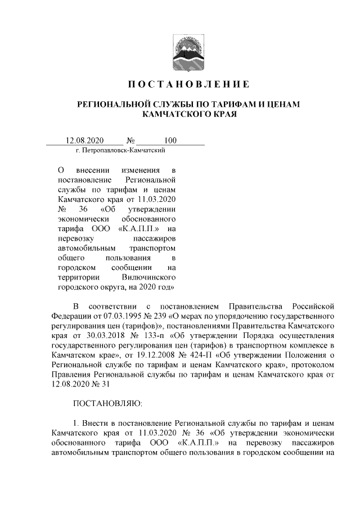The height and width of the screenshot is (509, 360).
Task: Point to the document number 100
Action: (170, 141)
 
